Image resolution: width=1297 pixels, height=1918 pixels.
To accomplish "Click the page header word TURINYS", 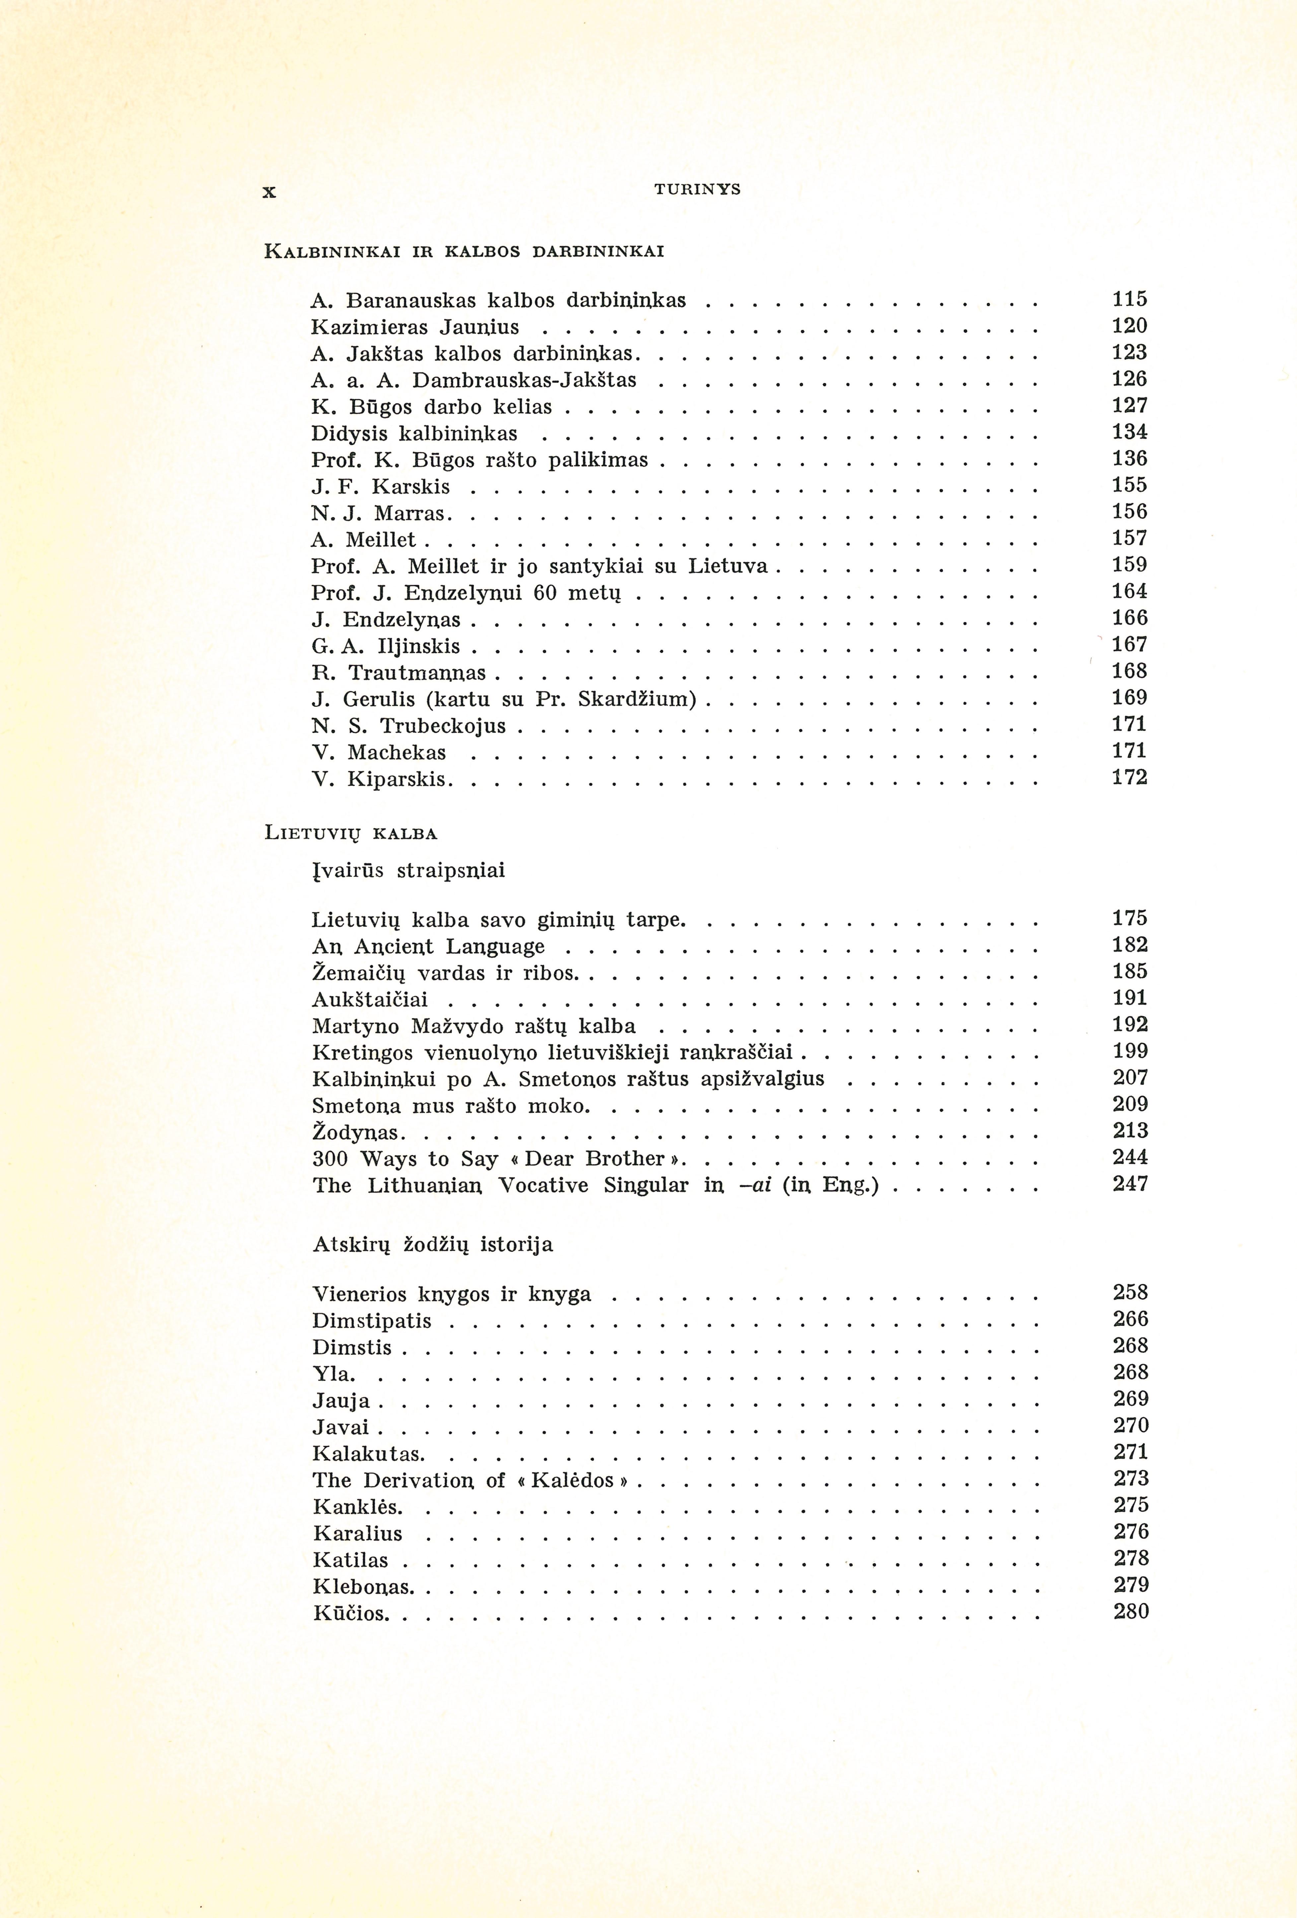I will pyautogui.click(x=697, y=190).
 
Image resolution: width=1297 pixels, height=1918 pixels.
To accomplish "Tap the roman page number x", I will pyautogui.click(x=268, y=192).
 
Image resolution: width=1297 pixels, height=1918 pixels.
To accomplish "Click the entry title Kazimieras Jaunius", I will pyautogui.click(x=415, y=327).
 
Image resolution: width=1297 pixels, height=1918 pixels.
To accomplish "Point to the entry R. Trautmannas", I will pyautogui.click(x=398, y=673).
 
